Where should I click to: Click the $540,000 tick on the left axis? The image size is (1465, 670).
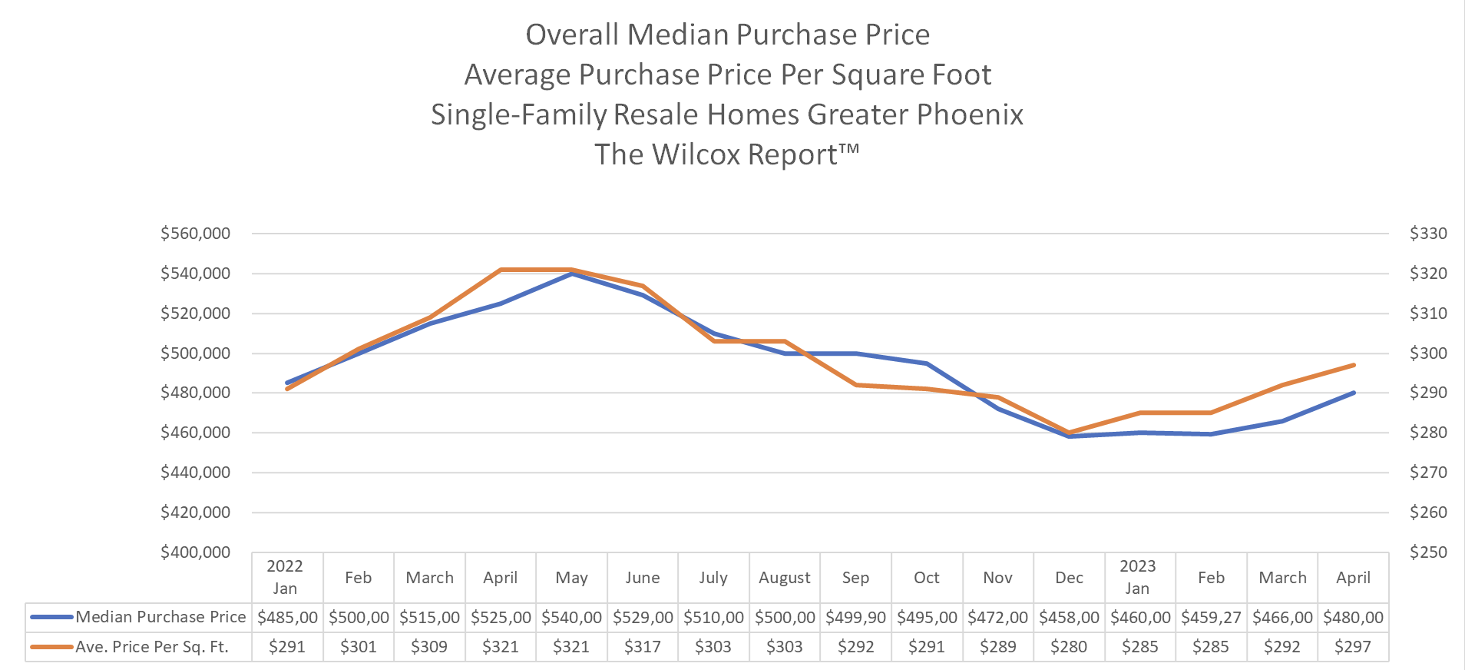(x=195, y=274)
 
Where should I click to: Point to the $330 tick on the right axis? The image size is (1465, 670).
(x=1428, y=234)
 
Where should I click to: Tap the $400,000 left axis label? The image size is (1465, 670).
(x=195, y=552)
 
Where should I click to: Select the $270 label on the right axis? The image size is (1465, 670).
(x=1428, y=473)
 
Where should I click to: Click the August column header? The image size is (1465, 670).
(x=784, y=578)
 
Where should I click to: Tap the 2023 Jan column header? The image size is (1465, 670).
(x=1137, y=577)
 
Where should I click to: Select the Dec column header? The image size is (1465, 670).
(x=1069, y=578)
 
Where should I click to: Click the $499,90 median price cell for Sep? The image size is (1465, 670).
(x=855, y=617)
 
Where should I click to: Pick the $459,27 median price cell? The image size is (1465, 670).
(x=1211, y=617)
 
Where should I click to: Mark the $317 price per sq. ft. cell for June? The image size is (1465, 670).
(x=642, y=647)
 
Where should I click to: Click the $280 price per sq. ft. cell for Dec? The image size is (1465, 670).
(x=1069, y=647)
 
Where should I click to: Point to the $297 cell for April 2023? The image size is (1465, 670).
(x=1352, y=647)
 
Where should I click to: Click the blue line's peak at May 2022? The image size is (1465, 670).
(x=572, y=274)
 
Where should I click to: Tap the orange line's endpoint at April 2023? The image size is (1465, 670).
(x=1353, y=365)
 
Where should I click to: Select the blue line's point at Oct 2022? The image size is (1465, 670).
(x=927, y=363)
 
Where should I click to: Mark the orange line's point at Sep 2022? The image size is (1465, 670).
(x=855, y=385)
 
